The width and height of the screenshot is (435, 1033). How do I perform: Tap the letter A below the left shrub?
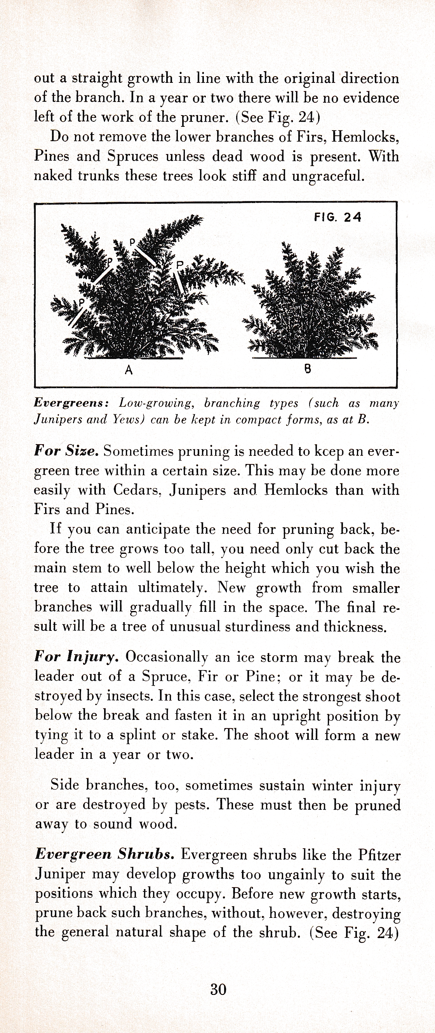tap(129, 370)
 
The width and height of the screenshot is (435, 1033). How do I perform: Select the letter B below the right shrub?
tap(308, 369)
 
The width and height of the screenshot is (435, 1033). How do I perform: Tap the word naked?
tap(53, 176)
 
